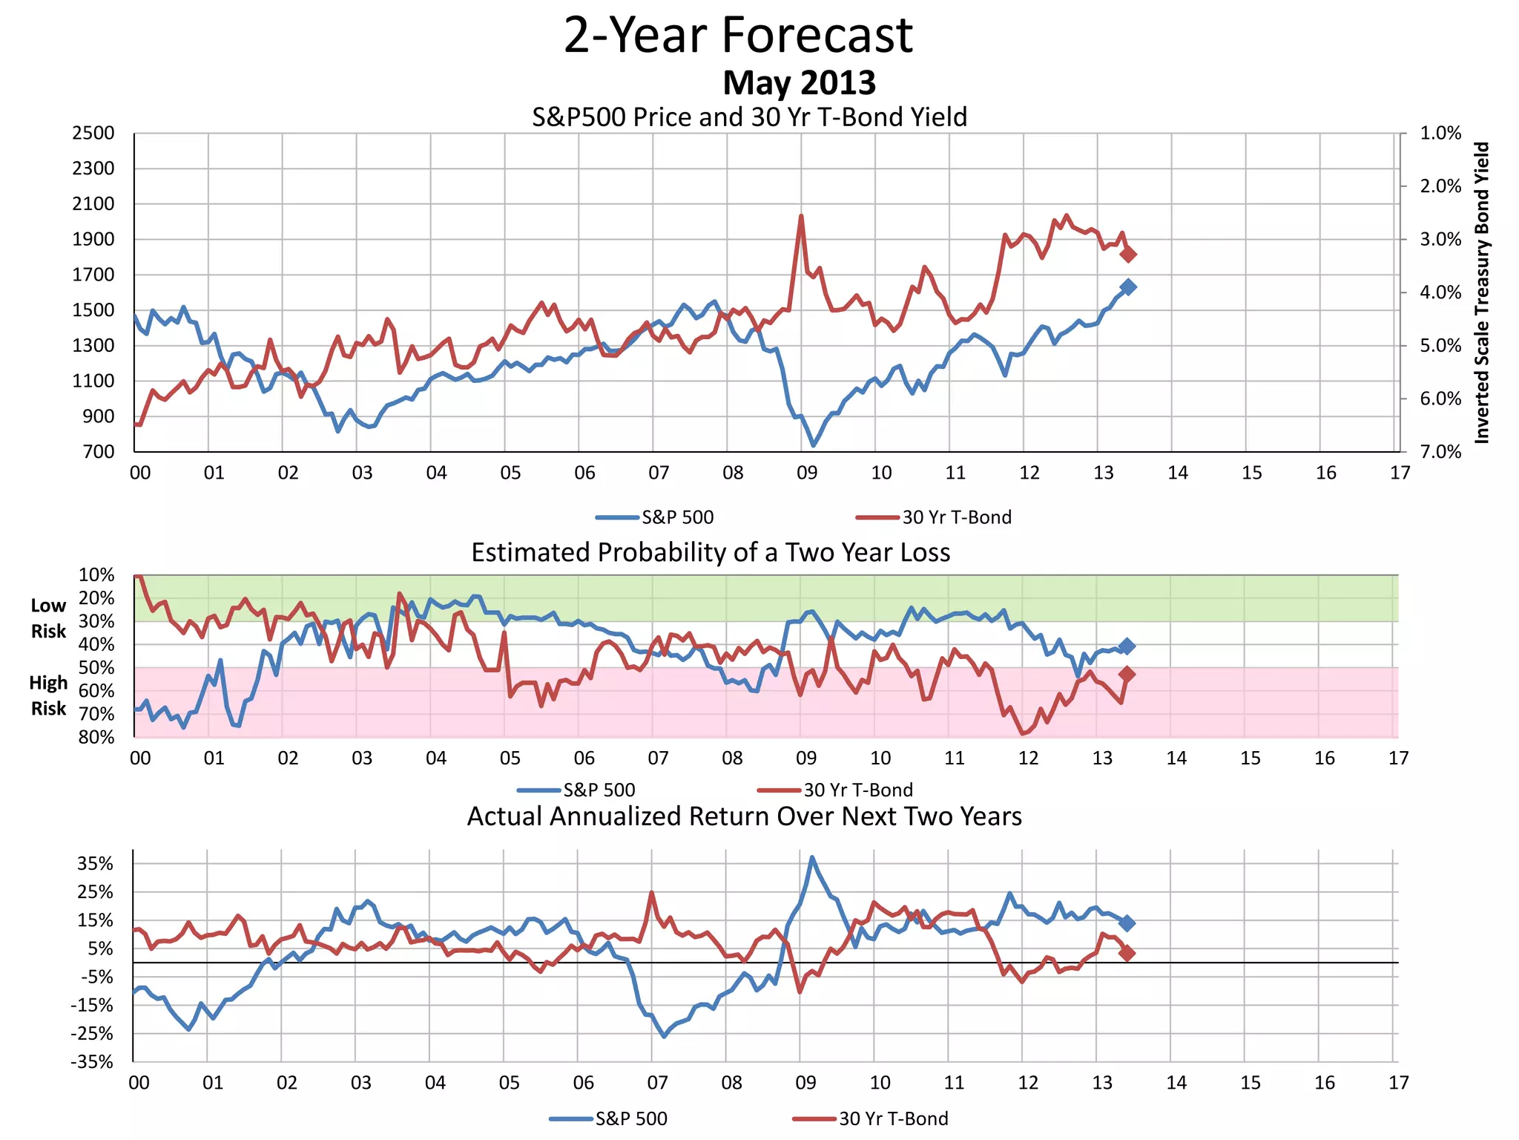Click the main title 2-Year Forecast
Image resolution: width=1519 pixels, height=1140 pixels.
pyautogui.click(x=738, y=35)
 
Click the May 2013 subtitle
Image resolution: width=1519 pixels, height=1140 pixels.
pyautogui.click(x=799, y=82)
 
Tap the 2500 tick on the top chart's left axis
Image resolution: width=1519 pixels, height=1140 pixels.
pyautogui.click(x=93, y=133)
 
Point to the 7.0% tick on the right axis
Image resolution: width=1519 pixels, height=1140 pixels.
pyautogui.click(x=1440, y=452)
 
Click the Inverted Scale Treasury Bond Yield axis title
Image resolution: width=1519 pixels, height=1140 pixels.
pyautogui.click(x=1481, y=292)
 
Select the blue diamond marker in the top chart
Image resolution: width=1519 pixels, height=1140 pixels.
pyautogui.click(x=1128, y=287)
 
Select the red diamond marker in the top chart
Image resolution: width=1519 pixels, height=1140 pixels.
pyautogui.click(x=1128, y=255)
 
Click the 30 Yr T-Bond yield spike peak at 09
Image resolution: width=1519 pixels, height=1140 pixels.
pyautogui.click(x=801, y=216)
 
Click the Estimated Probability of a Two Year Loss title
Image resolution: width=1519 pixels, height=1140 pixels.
pyautogui.click(x=711, y=553)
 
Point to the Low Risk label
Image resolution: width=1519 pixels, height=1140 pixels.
pyautogui.click(x=48, y=618)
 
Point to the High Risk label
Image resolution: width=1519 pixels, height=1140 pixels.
pyautogui.click(x=48, y=695)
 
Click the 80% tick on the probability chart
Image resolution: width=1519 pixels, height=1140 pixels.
pyautogui.click(x=96, y=737)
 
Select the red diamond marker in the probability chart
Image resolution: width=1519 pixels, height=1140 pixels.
pyautogui.click(x=1127, y=674)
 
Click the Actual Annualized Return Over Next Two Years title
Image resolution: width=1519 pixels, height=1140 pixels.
pyautogui.click(x=744, y=816)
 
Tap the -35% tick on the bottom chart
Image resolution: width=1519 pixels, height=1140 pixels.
pyautogui.click(x=92, y=1062)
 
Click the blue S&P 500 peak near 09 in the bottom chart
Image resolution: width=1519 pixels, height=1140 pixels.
pyautogui.click(x=812, y=857)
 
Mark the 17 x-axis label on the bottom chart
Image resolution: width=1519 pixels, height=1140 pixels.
pyautogui.click(x=1398, y=1083)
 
